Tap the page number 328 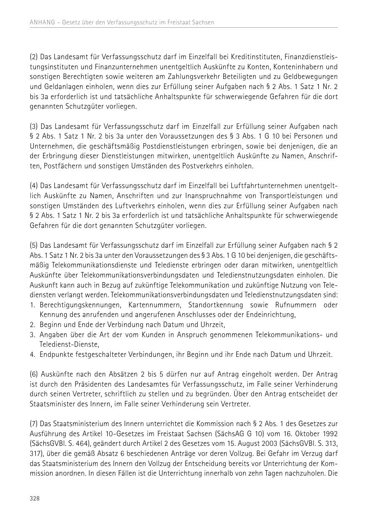coord(34,498)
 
